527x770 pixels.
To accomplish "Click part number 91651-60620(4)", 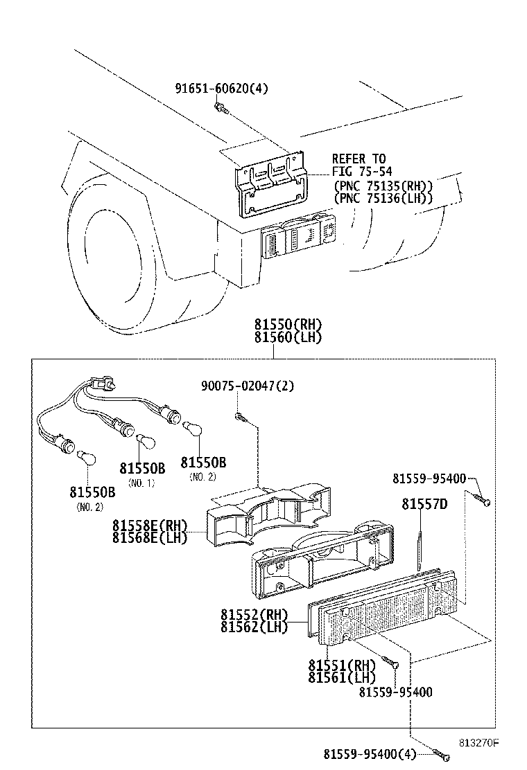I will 221,89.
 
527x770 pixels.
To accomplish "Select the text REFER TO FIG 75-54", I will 358,165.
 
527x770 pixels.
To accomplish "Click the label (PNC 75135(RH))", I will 383,186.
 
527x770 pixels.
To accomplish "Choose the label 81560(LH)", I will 288,337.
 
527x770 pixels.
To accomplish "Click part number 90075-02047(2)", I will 248,386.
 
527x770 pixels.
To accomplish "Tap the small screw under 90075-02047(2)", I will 239,417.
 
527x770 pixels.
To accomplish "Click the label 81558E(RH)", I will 150,526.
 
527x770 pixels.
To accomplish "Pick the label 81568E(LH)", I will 150,537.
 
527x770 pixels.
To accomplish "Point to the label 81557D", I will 424,504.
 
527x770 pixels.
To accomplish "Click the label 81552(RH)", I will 254,614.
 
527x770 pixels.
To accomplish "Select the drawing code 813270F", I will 478,742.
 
